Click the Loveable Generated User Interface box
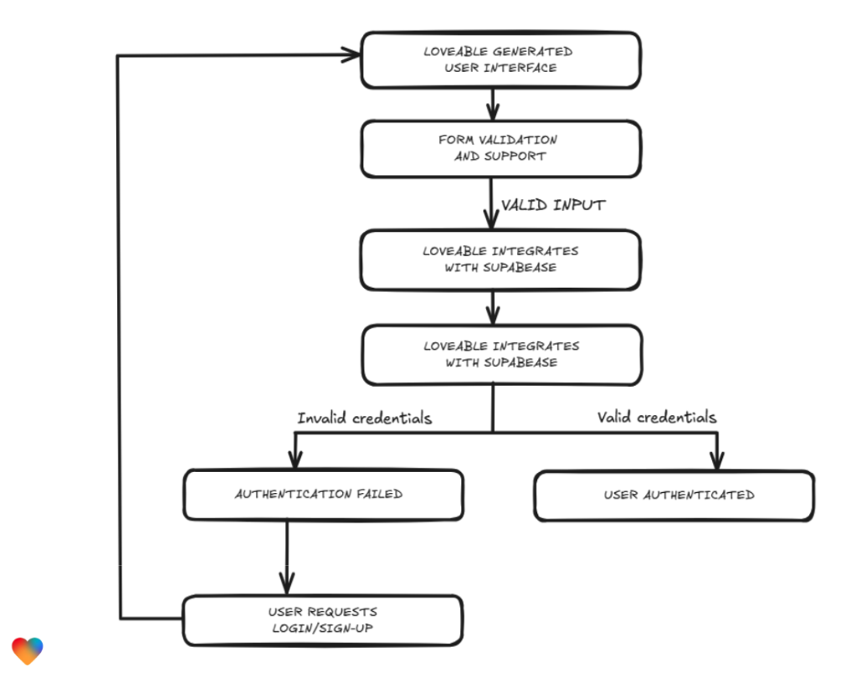coord(500,59)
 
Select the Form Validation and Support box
coord(500,148)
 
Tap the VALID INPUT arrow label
coord(552,205)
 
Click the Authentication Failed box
coord(323,495)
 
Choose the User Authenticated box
coord(674,495)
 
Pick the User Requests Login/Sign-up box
coord(323,620)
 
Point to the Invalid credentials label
coord(364,418)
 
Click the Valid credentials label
coord(656,417)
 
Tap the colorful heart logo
coord(28,650)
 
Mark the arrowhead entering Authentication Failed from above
coord(294,459)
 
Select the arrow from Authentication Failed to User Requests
coord(287,557)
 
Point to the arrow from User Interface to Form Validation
coord(492,104)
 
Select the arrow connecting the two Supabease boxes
coord(492,308)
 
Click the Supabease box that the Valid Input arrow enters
coord(500,259)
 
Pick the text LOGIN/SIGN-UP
coord(323,629)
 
